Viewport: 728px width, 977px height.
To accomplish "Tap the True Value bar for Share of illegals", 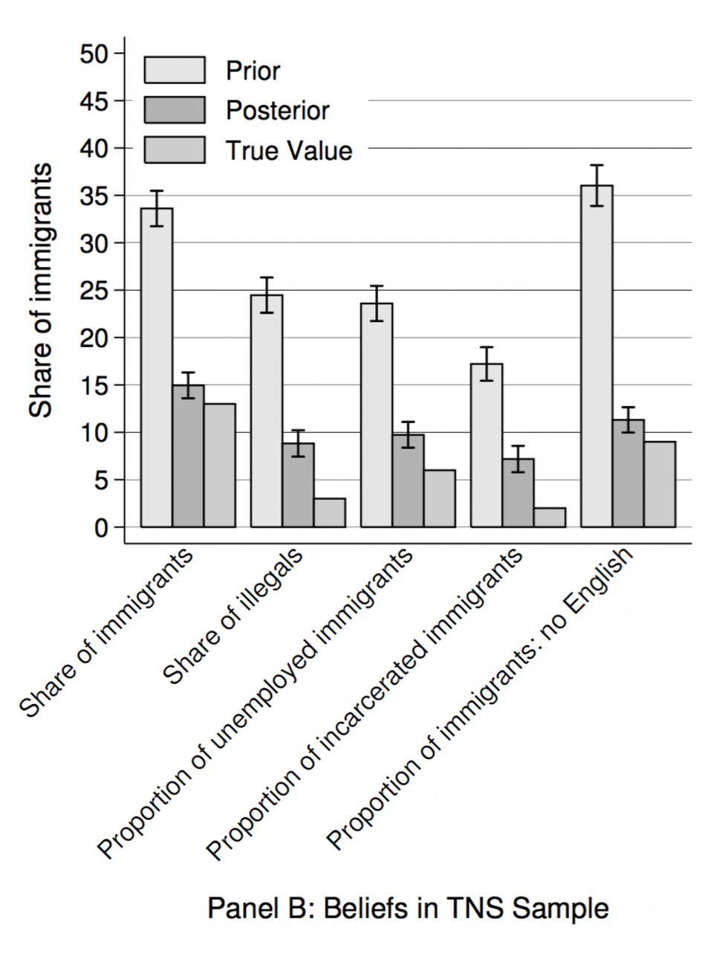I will [x=329, y=513].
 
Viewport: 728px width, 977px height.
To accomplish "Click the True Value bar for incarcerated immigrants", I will [x=550, y=517].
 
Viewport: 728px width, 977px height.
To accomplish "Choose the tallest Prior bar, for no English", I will [x=597, y=357].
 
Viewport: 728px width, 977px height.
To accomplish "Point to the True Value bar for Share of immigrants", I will [x=220, y=465].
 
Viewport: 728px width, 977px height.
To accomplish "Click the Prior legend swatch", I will [x=175, y=70].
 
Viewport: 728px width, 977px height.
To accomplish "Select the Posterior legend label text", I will [x=277, y=111].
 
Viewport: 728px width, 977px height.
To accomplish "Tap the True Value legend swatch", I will [x=175, y=150].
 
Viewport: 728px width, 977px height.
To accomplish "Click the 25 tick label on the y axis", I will [x=94, y=291].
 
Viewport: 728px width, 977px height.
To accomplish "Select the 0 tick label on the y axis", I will [x=100, y=528].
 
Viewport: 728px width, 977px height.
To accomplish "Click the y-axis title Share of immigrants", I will [x=42, y=290].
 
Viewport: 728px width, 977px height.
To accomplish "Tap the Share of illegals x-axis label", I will [x=233, y=616].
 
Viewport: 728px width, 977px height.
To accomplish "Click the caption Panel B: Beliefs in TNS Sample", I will [x=408, y=908].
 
